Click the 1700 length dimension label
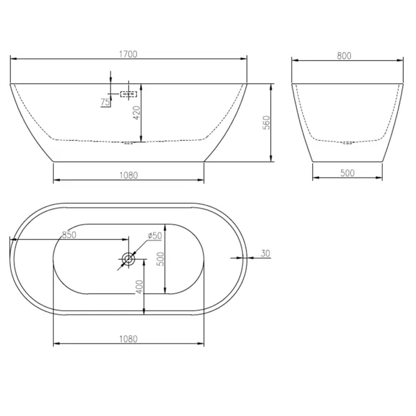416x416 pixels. coord(128,54)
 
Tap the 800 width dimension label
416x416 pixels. coord(344,56)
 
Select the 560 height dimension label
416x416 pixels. coord(266,123)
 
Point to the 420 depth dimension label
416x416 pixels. coord(136,113)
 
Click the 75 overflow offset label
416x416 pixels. coord(105,102)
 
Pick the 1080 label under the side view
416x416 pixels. coord(129,175)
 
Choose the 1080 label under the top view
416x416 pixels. coord(128,339)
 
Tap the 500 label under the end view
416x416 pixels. coord(347,173)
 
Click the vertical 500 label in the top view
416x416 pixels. coord(161,259)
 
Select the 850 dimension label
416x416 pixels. coord(69,235)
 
